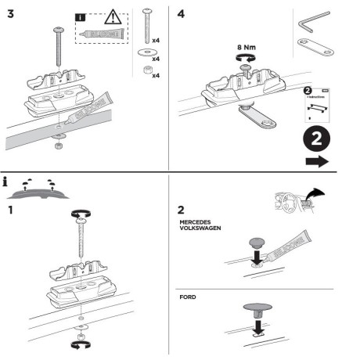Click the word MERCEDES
(199, 222)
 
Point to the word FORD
(188, 297)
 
